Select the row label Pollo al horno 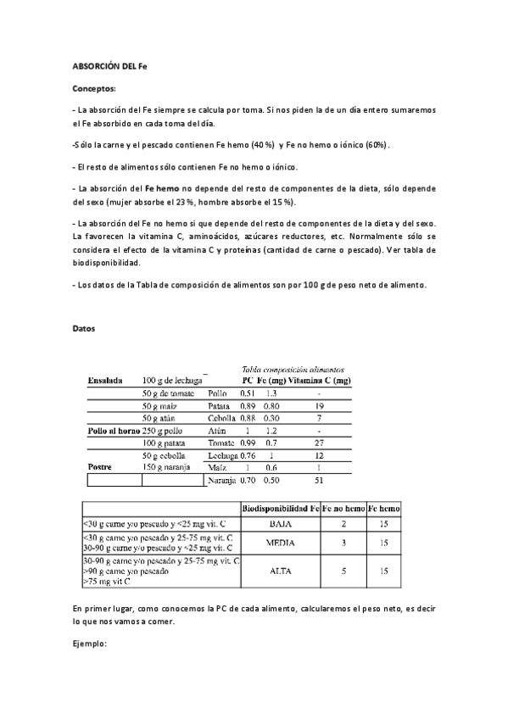[x=113, y=431]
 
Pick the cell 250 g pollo [x=165, y=431]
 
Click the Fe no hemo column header [x=343, y=508]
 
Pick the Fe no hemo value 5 [x=343, y=571]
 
